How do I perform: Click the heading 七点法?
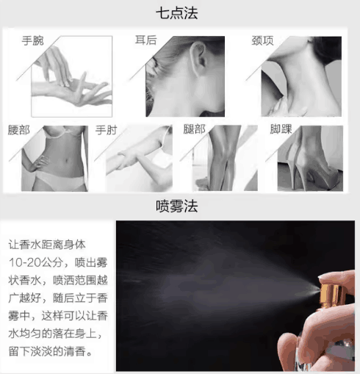[x=176, y=13]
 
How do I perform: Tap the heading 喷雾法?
[x=176, y=206]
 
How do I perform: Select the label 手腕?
[x=33, y=40]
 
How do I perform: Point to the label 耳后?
[x=146, y=40]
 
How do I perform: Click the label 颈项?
[x=262, y=40]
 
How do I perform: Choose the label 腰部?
[x=19, y=130]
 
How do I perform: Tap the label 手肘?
[x=107, y=130]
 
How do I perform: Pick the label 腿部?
[x=194, y=129]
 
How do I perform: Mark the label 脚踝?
[x=281, y=129]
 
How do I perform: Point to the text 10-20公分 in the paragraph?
[x=35, y=262]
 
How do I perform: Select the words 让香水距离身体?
[x=47, y=245]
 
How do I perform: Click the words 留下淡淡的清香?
[x=47, y=351]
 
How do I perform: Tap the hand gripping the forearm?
[x=127, y=159]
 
